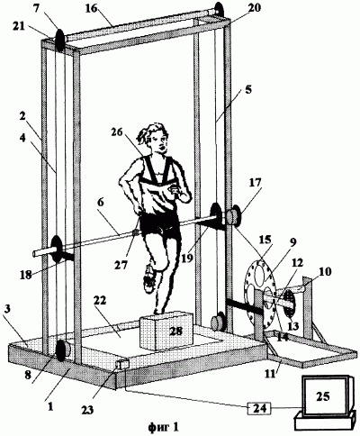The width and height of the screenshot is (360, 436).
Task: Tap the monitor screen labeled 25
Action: [325, 396]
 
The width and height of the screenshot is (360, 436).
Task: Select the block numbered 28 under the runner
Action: [168, 331]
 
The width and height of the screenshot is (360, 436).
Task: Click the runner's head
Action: [153, 138]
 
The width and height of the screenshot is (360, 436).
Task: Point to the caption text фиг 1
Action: [164, 426]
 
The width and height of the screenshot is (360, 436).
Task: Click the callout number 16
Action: [91, 8]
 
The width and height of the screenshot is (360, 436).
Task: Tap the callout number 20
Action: [254, 8]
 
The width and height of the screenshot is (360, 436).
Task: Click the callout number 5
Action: [248, 90]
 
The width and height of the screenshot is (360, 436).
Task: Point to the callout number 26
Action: [118, 132]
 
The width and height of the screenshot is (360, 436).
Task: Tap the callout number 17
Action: [255, 183]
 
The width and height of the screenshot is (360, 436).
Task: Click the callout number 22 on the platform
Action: [100, 301]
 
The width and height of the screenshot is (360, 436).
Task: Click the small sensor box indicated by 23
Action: [122, 365]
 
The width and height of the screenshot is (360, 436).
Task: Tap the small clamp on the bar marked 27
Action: [136, 233]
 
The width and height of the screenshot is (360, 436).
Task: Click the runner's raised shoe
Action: [149, 278]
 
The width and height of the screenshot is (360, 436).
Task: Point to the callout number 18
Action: [26, 274]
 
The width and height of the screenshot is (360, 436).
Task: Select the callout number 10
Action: [326, 272]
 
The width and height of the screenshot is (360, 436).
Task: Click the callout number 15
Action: [265, 240]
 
